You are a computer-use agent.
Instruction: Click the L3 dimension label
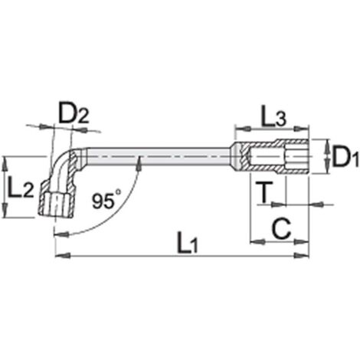tap(273, 117)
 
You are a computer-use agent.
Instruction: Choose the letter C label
tap(281, 229)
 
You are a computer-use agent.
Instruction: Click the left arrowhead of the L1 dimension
tap(63, 255)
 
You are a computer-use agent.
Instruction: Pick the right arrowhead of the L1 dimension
tap(301, 255)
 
